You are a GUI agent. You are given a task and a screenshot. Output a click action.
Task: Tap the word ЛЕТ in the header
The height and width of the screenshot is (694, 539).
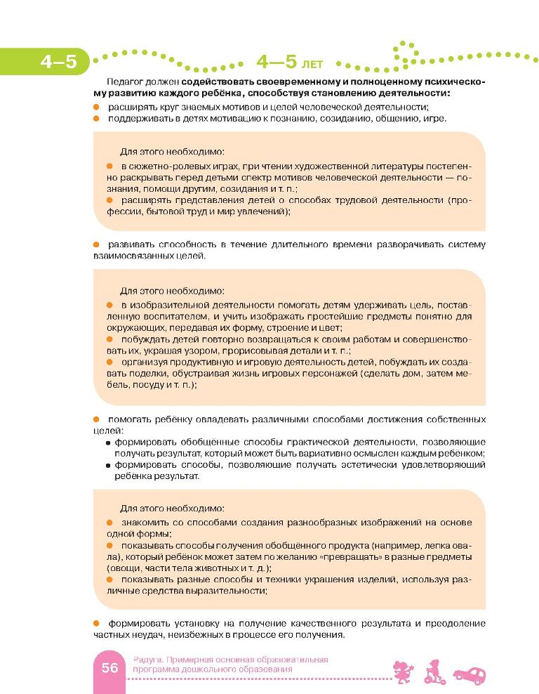[313, 65]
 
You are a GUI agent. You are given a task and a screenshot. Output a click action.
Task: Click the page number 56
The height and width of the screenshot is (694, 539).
[109, 667]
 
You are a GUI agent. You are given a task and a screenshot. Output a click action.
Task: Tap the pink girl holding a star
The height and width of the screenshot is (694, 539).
[404, 671]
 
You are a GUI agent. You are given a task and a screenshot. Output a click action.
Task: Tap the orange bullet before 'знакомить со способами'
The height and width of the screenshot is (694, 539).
[109, 523]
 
